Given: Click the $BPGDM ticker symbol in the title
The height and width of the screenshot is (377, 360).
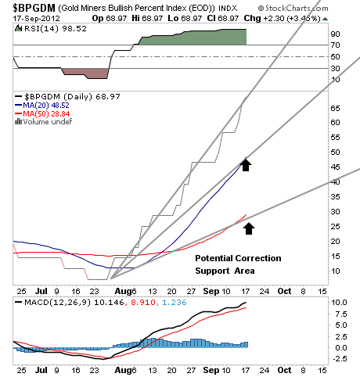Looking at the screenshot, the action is (34, 8).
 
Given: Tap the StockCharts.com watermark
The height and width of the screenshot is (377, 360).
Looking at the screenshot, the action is (293, 9).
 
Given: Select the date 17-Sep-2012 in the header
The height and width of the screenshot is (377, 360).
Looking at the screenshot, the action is (37, 19).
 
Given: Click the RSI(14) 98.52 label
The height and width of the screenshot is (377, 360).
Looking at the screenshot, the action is (56, 29).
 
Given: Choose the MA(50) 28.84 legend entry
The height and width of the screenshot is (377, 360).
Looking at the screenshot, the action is (46, 113).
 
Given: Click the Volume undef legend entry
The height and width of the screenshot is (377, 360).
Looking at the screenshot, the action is (48, 122).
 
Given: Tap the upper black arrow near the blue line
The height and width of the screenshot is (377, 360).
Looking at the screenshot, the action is (246, 165).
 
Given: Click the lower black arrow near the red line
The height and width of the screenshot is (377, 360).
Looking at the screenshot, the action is (249, 228).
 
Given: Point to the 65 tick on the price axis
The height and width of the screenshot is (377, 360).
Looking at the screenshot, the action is (335, 108).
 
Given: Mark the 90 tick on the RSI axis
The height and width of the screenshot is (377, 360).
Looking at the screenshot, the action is (335, 34).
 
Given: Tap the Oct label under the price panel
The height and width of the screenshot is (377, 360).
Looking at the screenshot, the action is (284, 291).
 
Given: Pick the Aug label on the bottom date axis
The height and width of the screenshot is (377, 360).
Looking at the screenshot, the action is (121, 370).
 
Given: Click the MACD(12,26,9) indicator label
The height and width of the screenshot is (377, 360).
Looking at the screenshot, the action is (57, 303).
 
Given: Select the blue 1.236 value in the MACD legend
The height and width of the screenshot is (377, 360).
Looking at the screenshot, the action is (175, 303).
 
